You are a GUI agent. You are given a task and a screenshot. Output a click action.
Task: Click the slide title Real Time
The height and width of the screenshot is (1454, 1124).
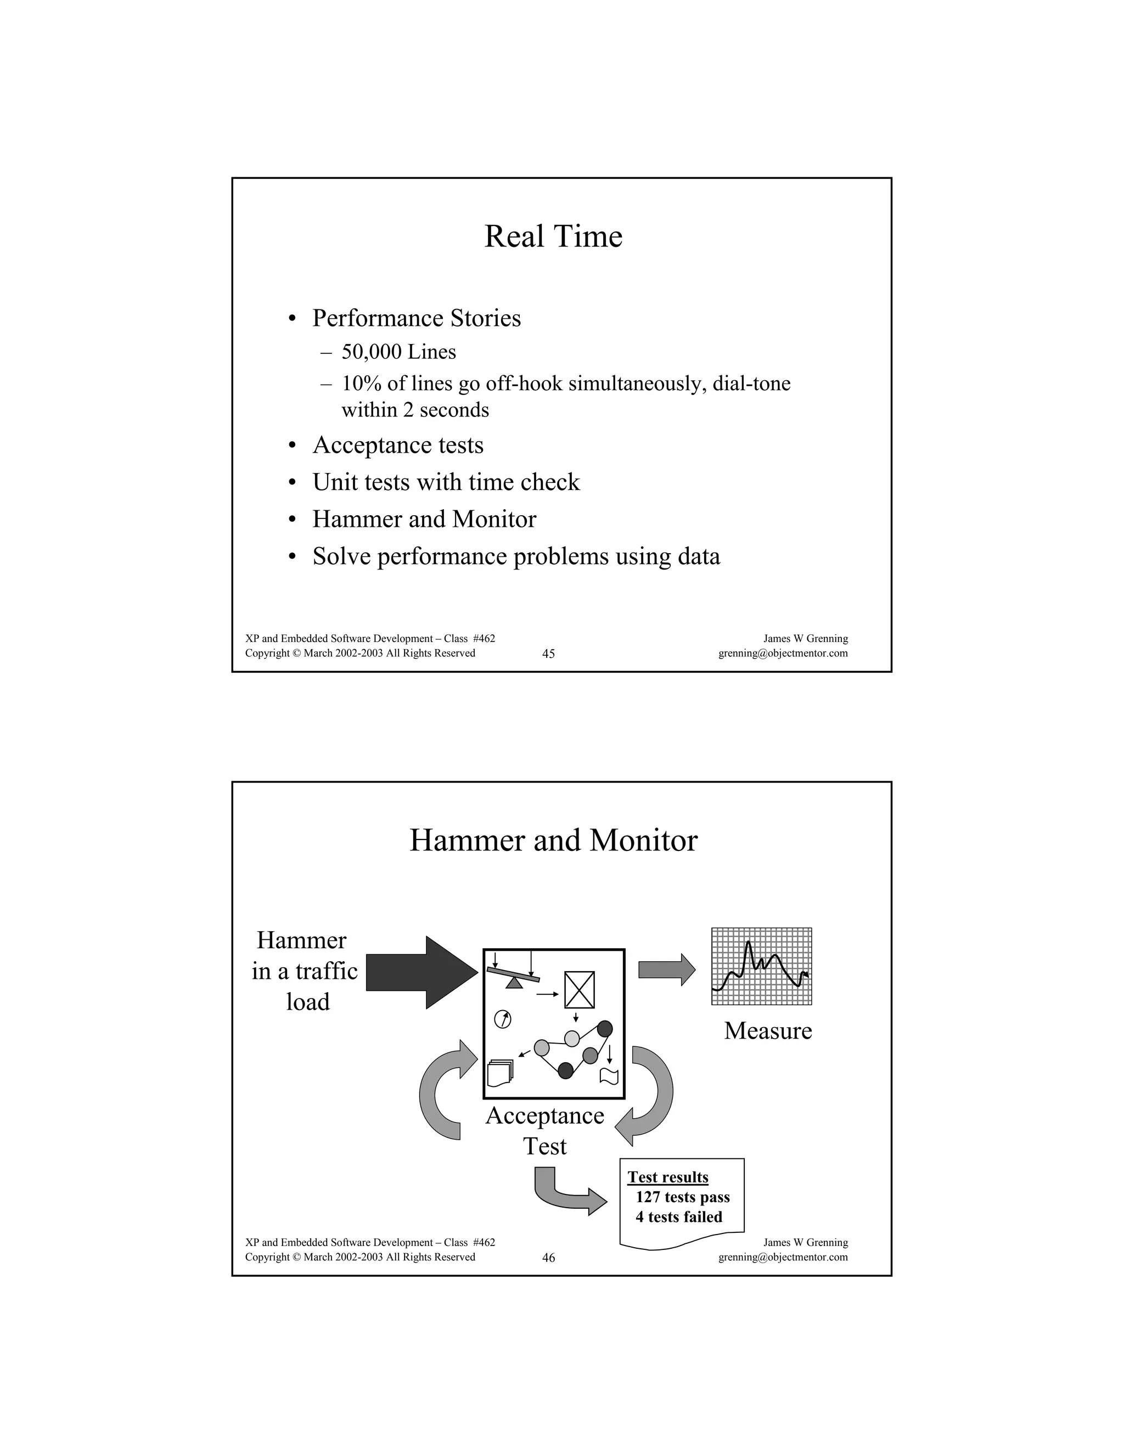(x=553, y=236)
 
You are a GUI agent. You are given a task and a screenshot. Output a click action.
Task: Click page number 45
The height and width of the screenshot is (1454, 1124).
(x=548, y=654)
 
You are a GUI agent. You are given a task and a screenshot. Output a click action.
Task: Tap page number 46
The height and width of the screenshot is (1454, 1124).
(x=548, y=1258)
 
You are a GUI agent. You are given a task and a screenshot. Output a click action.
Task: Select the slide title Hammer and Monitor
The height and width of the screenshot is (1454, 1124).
(x=553, y=840)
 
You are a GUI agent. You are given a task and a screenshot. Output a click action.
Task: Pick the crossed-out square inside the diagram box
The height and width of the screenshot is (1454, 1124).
(x=580, y=989)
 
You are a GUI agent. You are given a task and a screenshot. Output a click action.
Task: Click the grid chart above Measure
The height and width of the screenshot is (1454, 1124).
(x=761, y=966)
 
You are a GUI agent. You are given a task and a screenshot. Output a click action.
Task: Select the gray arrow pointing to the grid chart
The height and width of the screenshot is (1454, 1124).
(x=666, y=970)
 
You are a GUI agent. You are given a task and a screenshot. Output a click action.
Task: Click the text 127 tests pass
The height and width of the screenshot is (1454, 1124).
(x=683, y=1197)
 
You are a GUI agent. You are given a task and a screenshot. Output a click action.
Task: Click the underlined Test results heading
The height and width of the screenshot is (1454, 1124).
(x=668, y=1177)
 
